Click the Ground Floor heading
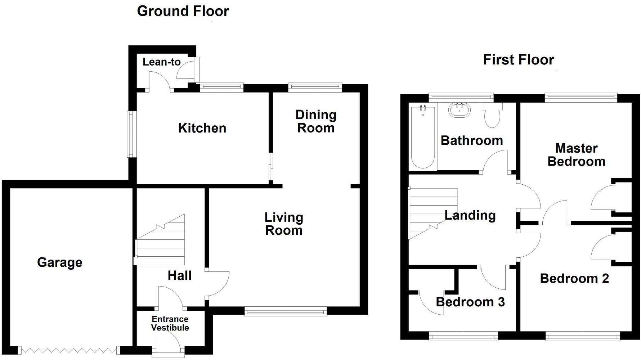pyautogui.click(x=183, y=11)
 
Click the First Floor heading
pyautogui.click(x=518, y=60)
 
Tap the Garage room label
pyautogui.click(x=60, y=262)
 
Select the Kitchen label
pyautogui.click(x=202, y=128)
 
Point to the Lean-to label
pyautogui.click(x=161, y=62)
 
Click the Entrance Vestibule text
pyautogui.click(x=170, y=323)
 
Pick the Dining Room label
pyautogui.click(x=316, y=121)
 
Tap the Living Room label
pyautogui.click(x=284, y=224)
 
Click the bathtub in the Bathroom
pyautogui.click(x=423, y=137)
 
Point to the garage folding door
pyautogui.click(x=69, y=350)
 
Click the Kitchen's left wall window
pyautogui.click(x=130, y=134)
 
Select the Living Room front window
pyautogui.click(x=286, y=311)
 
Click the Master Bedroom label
pyautogui.click(x=576, y=155)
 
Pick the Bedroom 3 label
pyautogui.click(x=470, y=302)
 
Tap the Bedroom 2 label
pyautogui.click(x=574, y=279)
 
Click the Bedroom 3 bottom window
pyautogui.click(x=463, y=337)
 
